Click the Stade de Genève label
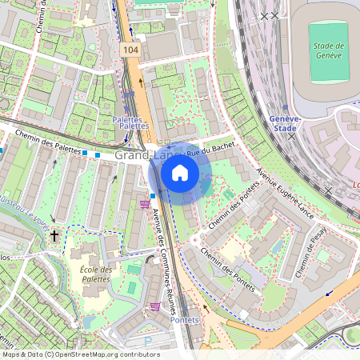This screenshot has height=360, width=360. click(327, 50)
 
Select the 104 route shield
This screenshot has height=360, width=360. click(130, 50)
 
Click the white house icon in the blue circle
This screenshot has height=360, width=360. click(180, 173)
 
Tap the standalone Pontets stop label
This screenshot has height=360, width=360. click(186, 319)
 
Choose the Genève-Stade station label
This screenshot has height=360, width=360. click(285, 122)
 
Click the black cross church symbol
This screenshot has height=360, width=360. click(54, 236)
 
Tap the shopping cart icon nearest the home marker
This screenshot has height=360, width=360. click(144, 205)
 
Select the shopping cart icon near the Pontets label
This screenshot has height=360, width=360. click(154, 306)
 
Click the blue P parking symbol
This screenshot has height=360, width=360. click(148, 341)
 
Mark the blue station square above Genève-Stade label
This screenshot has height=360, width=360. click(286, 108)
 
